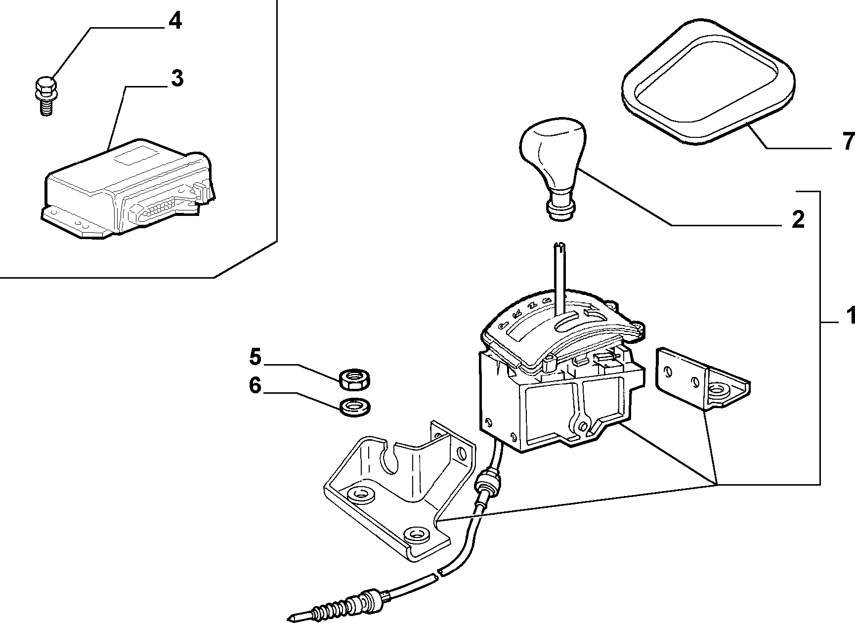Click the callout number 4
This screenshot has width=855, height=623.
pyautogui.click(x=174, y=22)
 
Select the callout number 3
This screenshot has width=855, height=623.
pyautogui.click(x=176, y=79)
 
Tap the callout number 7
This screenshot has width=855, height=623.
pyautogui.click(x=848, y=142)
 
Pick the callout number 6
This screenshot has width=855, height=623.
pyautogui.click(x=255, y=385)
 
